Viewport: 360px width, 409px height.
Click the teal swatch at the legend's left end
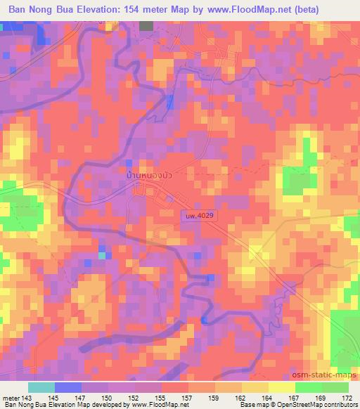pyautogui.click(x=41, y=387)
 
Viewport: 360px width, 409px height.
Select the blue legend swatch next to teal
pyautogui.click(x=67, y=387)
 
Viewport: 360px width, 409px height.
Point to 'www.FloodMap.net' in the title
pyautogui.click(x=258, y=10)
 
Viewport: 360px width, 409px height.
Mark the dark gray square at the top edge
pyautogui.click(x=146, y=26)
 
